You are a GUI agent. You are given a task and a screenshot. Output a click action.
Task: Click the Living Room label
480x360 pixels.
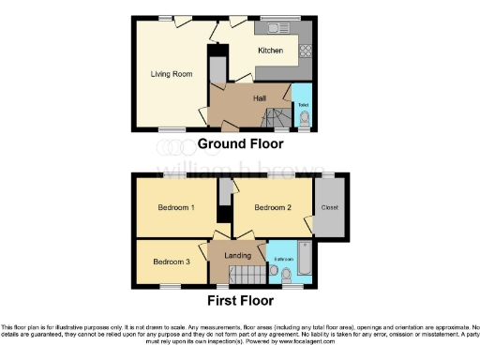(170, 71)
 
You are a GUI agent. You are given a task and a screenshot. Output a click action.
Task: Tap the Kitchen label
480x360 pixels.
(271, 51)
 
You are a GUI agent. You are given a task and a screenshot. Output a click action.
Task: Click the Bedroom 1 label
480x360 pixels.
(175, 207)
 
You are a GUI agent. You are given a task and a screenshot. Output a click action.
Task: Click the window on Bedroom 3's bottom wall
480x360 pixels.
(170, 285)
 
